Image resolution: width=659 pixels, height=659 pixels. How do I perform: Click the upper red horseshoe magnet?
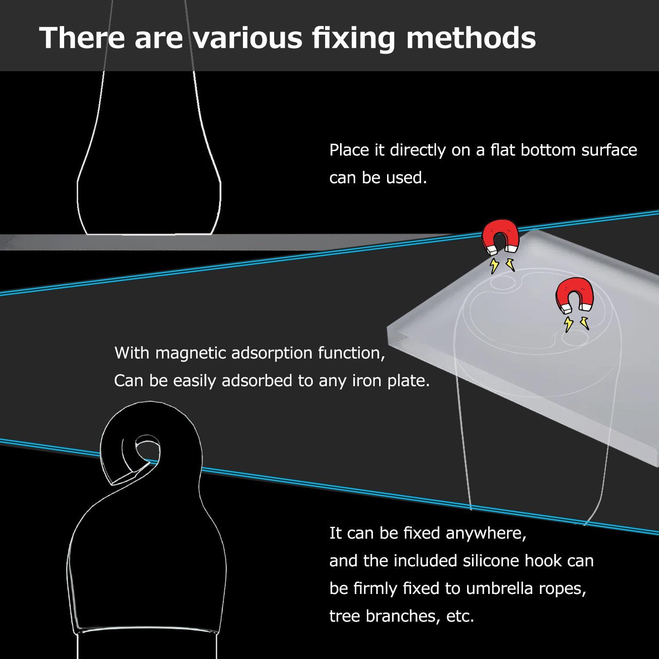(500, 239)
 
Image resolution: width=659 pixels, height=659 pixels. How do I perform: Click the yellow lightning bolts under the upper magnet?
(502, 264)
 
